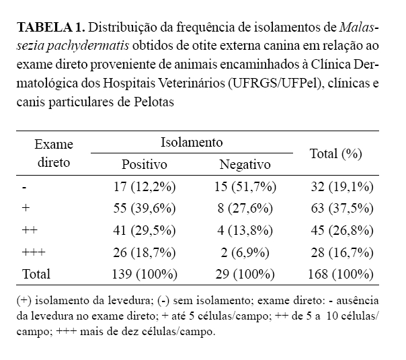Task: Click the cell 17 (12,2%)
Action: [145, 186]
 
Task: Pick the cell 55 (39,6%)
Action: [145, 209]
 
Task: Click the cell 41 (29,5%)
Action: [145, 231]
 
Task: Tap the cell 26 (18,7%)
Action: [145, 252]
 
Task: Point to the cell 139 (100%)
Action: [145, 275]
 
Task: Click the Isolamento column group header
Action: [192, 143]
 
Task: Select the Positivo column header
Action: [144, 164]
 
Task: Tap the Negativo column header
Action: [245, 164]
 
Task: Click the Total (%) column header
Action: [336, 153]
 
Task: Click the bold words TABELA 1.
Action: [50, 28]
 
